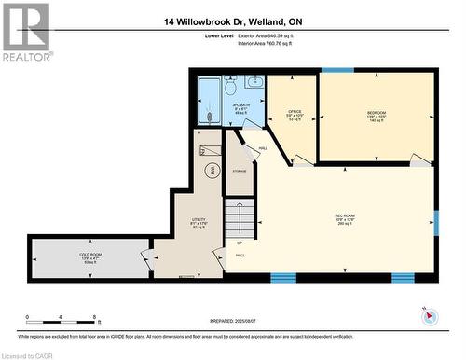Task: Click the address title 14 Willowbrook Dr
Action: pyautogui.click(x=234, y=21)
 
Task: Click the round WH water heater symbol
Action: pyautogui.click(x=212, y=170)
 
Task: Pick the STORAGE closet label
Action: pyautogui.click(x=240, y=171)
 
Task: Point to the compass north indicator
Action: pyautogui.click(x=429, y=316)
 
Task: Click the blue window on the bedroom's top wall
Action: pyautogui.click(x=337, y=71)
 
